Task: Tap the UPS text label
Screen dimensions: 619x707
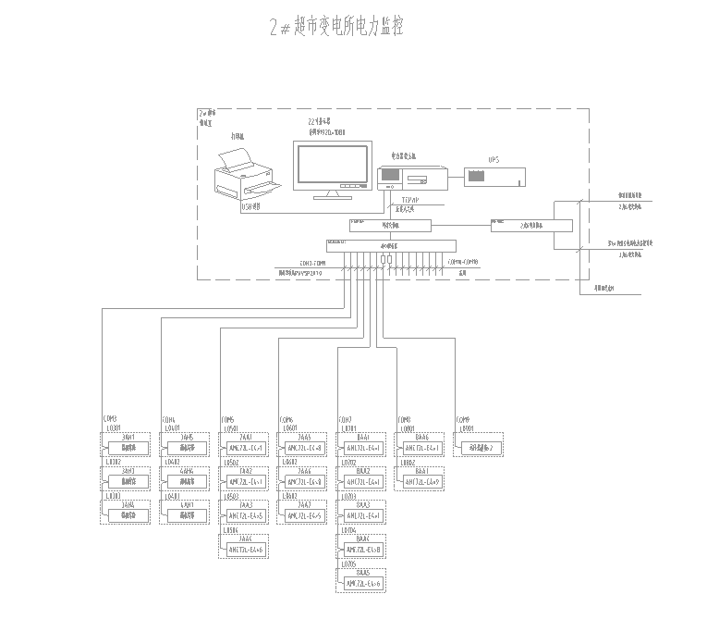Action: coord(494,159)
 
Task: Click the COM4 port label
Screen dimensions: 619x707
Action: coord(168,418)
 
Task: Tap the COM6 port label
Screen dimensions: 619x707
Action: coord(286,418)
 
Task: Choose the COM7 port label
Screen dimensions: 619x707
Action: coord(345,418)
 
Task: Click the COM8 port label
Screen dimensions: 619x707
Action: coord(403,418)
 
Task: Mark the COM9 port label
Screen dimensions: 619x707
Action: coord(463,418)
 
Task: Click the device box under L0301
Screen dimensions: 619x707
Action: coord(128,449)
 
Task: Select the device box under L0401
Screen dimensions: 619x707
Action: coord(186,449)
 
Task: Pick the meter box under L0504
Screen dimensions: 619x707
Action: coord(245,550)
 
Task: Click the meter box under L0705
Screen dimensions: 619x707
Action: coord(363,583)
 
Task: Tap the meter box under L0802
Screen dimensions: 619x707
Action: coord(421,482)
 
